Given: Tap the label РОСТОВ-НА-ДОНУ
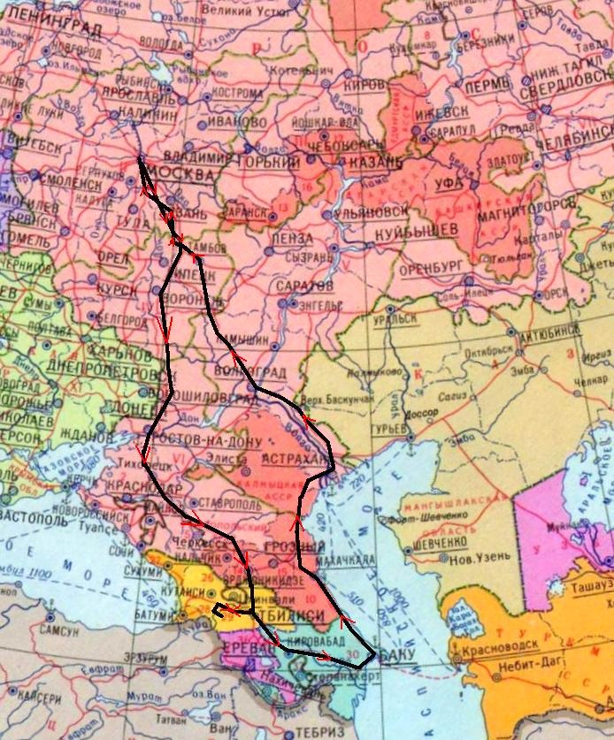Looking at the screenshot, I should (x=205, y=441).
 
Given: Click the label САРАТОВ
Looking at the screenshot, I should (x=303, y=288).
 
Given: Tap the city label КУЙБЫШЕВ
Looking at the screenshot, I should (x=416, y=229).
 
